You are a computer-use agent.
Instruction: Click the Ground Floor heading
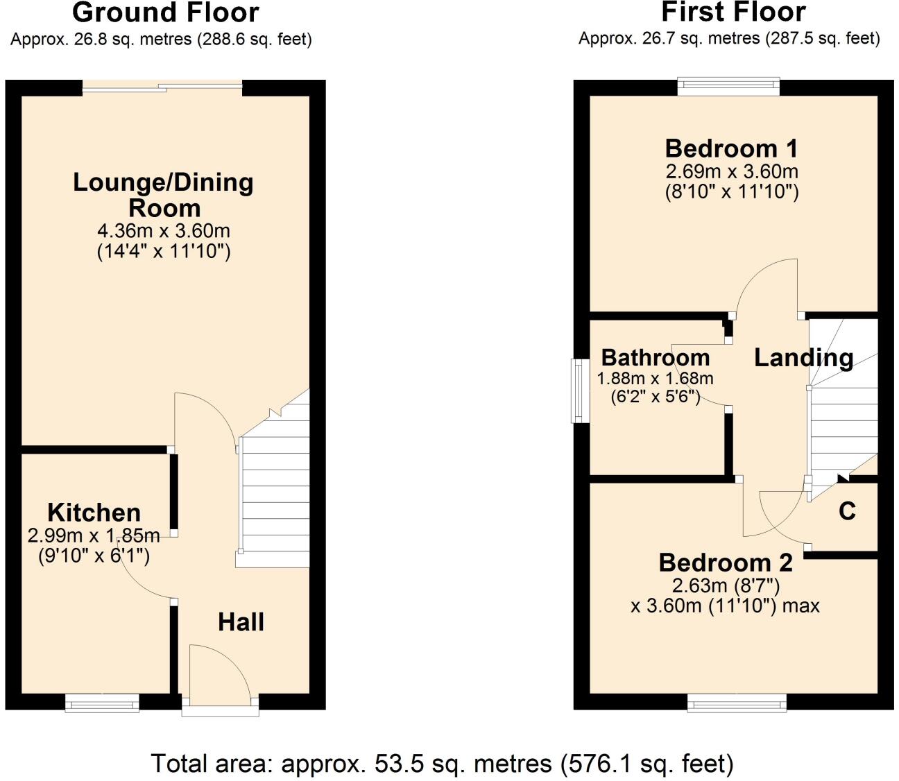[165, 12]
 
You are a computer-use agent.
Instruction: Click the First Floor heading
[733, 12]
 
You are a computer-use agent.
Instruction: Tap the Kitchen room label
[94, 513]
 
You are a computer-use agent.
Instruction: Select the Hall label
[241, 621]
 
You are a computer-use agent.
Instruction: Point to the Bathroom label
[656, 357]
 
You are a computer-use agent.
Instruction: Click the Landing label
[803, 357]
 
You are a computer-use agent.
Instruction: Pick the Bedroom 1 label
[731, 148]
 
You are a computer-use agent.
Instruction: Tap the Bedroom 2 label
[725, 562]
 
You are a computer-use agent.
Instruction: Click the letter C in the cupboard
[846, 511]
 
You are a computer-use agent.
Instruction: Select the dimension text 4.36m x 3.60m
[164, 230]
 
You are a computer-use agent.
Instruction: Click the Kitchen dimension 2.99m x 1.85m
[94, 535]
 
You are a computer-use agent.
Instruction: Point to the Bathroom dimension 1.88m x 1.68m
[655, 378]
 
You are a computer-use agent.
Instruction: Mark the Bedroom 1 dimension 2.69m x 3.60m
[731, 171]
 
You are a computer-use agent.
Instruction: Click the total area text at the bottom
[442, 764]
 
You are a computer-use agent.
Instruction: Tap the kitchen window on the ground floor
[102, 703]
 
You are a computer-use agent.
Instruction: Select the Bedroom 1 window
[728, 86]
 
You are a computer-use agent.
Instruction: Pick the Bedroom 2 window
[737, 703]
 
